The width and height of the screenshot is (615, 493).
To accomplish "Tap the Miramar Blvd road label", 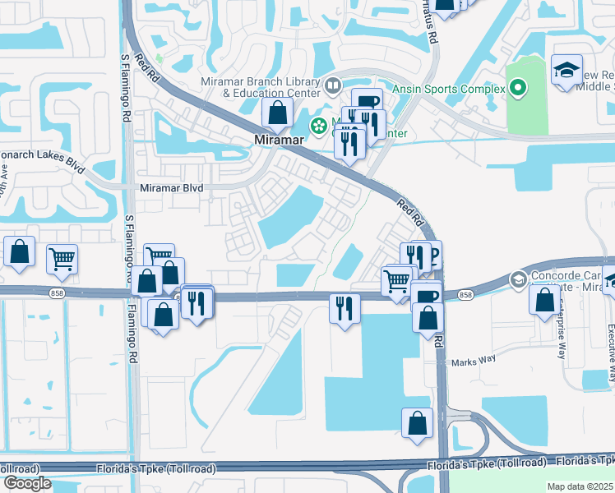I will point(147,187).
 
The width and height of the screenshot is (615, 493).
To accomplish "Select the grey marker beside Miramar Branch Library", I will point(333,84).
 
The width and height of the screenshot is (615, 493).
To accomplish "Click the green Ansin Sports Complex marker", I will point(518,86).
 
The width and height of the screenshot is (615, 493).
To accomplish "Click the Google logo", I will point(26,483).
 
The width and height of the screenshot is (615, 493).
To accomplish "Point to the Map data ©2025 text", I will point(580,486).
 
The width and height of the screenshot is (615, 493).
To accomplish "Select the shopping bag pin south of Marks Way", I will point(418,422).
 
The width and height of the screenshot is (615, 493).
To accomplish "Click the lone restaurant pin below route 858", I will point(344,308).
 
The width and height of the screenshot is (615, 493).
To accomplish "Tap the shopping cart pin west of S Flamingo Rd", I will point(62,259).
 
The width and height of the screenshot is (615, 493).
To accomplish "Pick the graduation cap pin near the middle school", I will point(567,69).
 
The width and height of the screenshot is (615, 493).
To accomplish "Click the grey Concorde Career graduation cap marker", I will point(518,279).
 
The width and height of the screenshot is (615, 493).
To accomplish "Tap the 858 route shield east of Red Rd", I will point(465,295).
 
